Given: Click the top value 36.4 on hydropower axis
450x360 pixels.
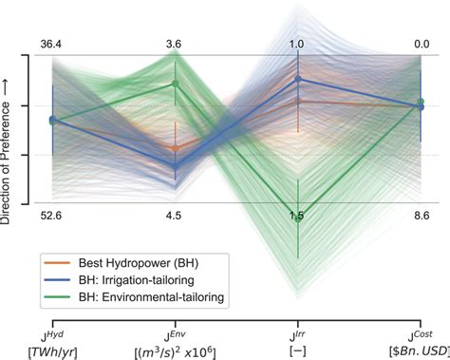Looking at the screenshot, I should click(x=52, y=43).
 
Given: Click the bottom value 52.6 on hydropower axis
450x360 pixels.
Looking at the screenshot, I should click(x=52, y=217).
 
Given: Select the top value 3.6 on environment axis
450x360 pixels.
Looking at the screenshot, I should click(x=175, y=43).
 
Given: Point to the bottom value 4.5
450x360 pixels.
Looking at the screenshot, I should click(x=175, y=217).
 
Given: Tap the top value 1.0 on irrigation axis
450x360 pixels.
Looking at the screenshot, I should click(x=298, y=43).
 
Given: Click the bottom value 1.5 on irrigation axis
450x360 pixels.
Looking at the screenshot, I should click(x=298, y=217).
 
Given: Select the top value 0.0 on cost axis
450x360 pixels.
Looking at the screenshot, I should click(x=422, y=43).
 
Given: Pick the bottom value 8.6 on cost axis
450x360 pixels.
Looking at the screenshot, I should click(x=422, y=217).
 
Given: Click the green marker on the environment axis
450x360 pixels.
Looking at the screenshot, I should click(x=175, y=84).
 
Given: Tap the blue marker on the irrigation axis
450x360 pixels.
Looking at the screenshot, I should click(x=298, y=79).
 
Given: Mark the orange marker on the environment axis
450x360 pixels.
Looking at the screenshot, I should click(x=175, y=148).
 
